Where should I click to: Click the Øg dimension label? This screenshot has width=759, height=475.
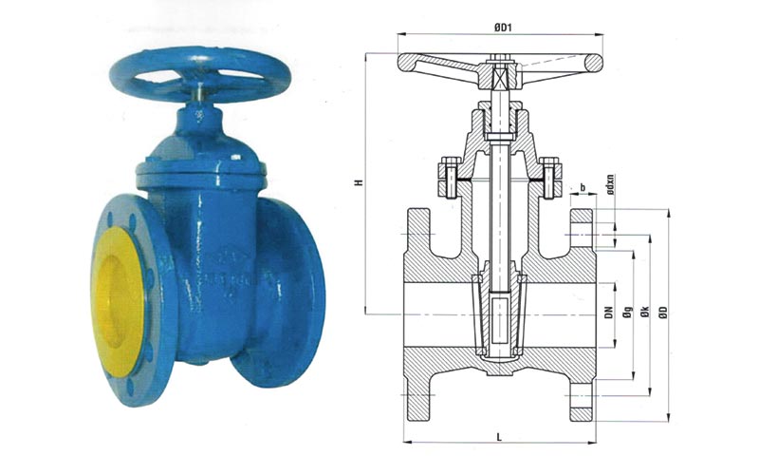627,311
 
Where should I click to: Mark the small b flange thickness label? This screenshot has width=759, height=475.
584,187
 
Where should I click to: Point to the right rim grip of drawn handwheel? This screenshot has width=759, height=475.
594,64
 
